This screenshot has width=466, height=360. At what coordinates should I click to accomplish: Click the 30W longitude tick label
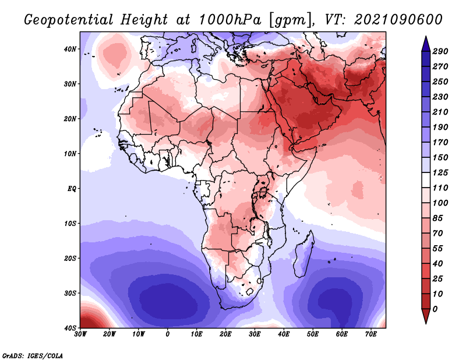pos(80,334)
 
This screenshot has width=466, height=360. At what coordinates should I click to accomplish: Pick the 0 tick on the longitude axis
pos(168,334)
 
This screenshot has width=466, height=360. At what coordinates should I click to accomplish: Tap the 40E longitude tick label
pos(284,334)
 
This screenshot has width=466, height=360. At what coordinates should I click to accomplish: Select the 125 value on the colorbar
pos(440,173)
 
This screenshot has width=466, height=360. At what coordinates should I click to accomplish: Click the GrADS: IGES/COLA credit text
pos(33,355)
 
